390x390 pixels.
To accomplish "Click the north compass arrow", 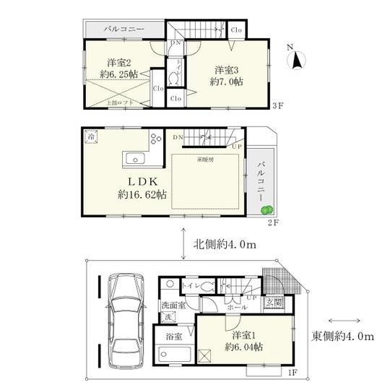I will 296,61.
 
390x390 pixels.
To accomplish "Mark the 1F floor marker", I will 292,372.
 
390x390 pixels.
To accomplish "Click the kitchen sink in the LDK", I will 134,159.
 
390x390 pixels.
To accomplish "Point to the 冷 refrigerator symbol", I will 92,135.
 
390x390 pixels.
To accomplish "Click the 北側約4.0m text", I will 225,246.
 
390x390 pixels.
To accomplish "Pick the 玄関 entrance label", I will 274,302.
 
